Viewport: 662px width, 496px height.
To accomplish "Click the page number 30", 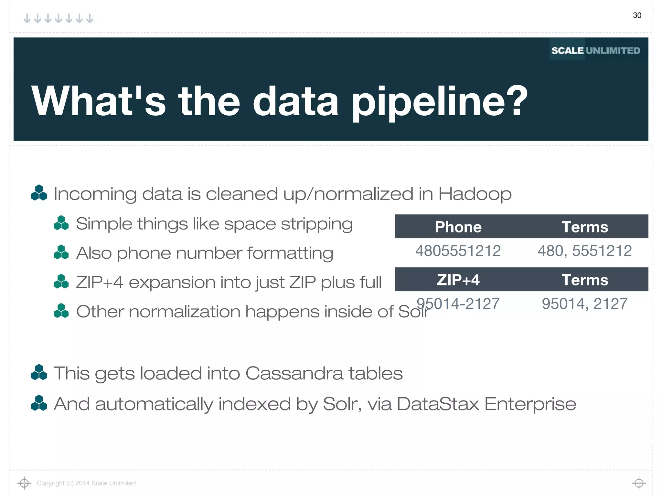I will point(637,15).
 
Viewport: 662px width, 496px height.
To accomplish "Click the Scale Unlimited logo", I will point(595,50).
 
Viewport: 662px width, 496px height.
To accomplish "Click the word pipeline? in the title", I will point(440,101).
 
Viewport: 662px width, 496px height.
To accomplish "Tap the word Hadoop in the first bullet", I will point(475,194).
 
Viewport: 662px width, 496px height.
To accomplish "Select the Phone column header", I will point(458,227).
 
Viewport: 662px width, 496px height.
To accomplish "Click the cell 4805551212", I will point(458,251).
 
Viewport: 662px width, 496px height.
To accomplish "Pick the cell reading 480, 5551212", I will point(584,251).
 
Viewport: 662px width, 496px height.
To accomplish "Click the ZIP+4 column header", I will point(458,280).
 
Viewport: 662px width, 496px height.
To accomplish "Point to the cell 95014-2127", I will point(458,304).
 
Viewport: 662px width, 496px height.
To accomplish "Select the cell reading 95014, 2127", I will point(584,304).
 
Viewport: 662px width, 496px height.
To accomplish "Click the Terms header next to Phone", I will point(584,227).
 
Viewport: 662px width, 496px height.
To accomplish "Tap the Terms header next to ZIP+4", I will point(584,280).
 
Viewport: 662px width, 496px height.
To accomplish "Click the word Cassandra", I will point(294,374).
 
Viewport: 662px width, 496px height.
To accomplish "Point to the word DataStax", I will point(438,404).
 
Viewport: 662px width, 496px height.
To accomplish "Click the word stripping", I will point(316,224).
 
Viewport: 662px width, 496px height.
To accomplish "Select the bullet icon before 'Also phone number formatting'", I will point(61,252).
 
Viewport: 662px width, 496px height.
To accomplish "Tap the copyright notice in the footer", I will point(87,483).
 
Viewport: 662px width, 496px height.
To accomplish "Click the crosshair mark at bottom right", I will point(639,483).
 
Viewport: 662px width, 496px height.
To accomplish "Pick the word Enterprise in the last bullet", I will point(530,404).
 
